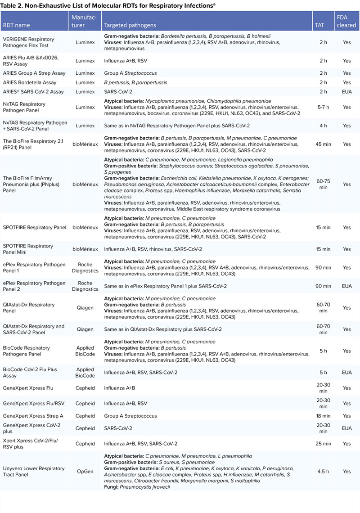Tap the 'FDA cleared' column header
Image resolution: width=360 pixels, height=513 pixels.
click(346, 22)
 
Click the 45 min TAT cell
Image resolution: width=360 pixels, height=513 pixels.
click(323, 144)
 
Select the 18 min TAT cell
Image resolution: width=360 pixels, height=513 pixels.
click(323, 416)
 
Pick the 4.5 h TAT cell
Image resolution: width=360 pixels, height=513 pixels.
click(323, 472)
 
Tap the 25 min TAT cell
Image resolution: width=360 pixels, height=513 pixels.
click(323, 444)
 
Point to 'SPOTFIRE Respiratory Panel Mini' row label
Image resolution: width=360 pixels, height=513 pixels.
click(28, 249)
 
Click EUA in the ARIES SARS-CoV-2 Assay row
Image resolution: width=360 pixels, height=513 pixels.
click(346, 92)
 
